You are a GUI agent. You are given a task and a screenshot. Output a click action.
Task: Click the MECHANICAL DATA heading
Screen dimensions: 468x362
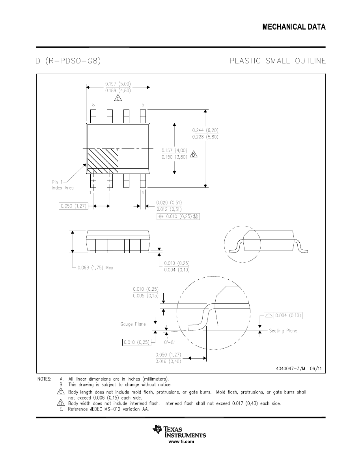[x=294, y=27]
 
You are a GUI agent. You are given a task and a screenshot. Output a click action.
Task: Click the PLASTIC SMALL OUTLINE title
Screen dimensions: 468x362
[x=278, y=61]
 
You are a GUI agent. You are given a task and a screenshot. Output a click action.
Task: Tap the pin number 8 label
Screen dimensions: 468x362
[x=93, y=105]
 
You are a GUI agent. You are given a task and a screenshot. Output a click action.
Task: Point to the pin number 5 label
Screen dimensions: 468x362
[x=143, y=105]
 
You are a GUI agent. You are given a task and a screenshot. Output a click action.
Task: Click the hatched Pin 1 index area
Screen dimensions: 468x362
[x=102, y=161]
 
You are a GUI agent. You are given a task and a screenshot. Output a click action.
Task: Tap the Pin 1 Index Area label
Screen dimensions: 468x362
[x=62, y=185]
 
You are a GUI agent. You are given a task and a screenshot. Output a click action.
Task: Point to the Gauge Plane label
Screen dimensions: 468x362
[x=133, y=324]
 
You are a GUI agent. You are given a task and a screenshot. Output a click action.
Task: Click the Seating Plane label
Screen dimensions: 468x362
[x=283, y=331]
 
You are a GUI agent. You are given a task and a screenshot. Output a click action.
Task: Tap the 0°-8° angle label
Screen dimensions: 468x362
[x=170, y=342]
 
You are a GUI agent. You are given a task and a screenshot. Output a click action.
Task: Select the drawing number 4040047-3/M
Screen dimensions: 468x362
[x=290, y=369]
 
